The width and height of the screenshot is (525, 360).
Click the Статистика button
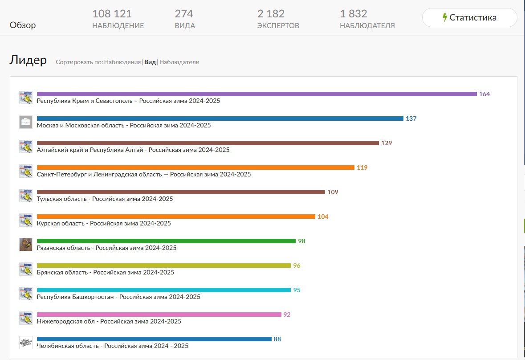click(x=469, y=17)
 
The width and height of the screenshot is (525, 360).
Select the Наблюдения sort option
click(x=122, y=62)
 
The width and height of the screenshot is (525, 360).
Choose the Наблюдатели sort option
click(x=179, y=62)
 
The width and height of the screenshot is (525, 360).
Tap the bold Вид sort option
click(x=150, y=62)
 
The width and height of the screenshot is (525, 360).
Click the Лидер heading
click(x=28, y=60)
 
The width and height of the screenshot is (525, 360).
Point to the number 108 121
click(x=112, y=14)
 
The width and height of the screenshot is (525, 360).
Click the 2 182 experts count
click(x=271, y=14)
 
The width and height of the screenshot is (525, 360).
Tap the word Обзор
click(x=23, y=25)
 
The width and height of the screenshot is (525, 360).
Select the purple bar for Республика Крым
click(x=257, y=94)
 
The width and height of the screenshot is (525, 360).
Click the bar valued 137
click(x=220, y=119)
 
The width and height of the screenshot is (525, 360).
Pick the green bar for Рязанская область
click(x=166, y=241)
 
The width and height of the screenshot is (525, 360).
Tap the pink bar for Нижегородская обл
click(x=159, y=315)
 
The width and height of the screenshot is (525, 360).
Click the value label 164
click(x=484, y=94)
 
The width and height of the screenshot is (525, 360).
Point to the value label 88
click(x=277, y=339)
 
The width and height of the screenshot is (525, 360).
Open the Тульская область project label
click(x=105, y=199)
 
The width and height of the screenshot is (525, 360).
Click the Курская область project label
click(x=104, y=223)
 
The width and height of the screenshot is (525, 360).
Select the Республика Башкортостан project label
click(x=118, y=297)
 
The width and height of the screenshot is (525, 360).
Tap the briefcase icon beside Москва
click(x=26, y=122)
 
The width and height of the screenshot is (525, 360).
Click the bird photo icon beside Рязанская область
click(x=26, y=245)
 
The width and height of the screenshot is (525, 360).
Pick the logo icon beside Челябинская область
click(x=26, y=343)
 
